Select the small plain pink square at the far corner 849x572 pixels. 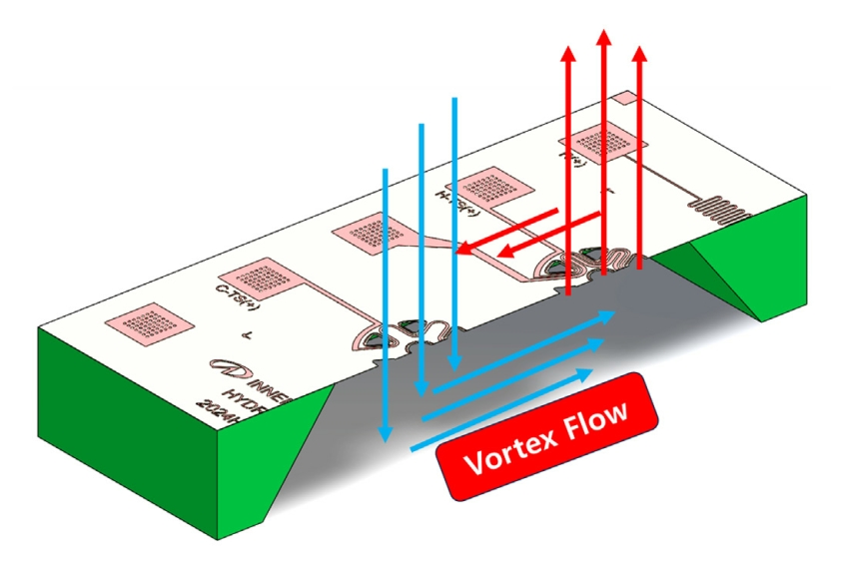tap(621, 98)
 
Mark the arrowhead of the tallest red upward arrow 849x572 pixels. tap(602, 38)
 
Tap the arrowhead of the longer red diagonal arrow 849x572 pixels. tap(462, 252)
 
